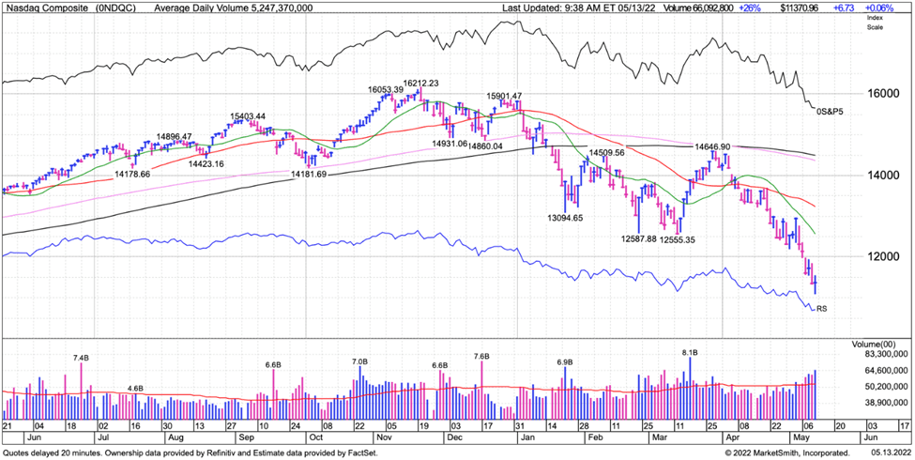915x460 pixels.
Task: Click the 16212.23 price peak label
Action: [421, 83]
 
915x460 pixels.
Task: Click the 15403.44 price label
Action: [253, 117]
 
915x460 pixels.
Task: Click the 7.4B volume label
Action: [82, 358]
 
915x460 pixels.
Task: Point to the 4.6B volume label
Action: [135, 388]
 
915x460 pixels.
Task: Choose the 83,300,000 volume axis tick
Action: [879, 352]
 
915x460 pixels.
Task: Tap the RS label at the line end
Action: [822, 308]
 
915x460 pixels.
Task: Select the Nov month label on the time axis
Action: [385, 437]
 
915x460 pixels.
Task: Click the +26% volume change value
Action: [750, 8]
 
